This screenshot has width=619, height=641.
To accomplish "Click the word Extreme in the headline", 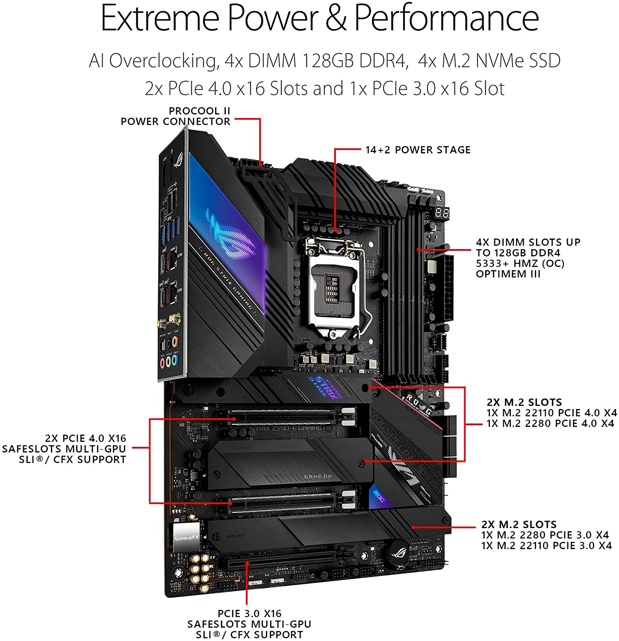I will [x=159, y=18].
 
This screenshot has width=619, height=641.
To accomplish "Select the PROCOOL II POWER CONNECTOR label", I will [x=175, y=116].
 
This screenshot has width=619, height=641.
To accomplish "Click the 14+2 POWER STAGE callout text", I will [x=418, y=150].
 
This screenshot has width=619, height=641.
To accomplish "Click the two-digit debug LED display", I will [x=442, y=212].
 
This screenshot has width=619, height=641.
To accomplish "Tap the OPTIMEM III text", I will [x=508, y=274].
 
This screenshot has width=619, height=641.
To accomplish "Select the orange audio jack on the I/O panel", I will [x=176, y=342].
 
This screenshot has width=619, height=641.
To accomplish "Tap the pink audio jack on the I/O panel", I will [x=162, y=362].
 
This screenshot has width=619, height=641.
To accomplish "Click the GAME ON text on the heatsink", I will [x=318, y=476].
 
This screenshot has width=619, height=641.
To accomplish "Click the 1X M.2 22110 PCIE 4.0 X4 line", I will [x=551, y=413].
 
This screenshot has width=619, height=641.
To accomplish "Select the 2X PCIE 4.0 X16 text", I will [x=85, y=438].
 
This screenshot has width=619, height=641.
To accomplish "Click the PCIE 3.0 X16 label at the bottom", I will [x=249, y=614].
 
